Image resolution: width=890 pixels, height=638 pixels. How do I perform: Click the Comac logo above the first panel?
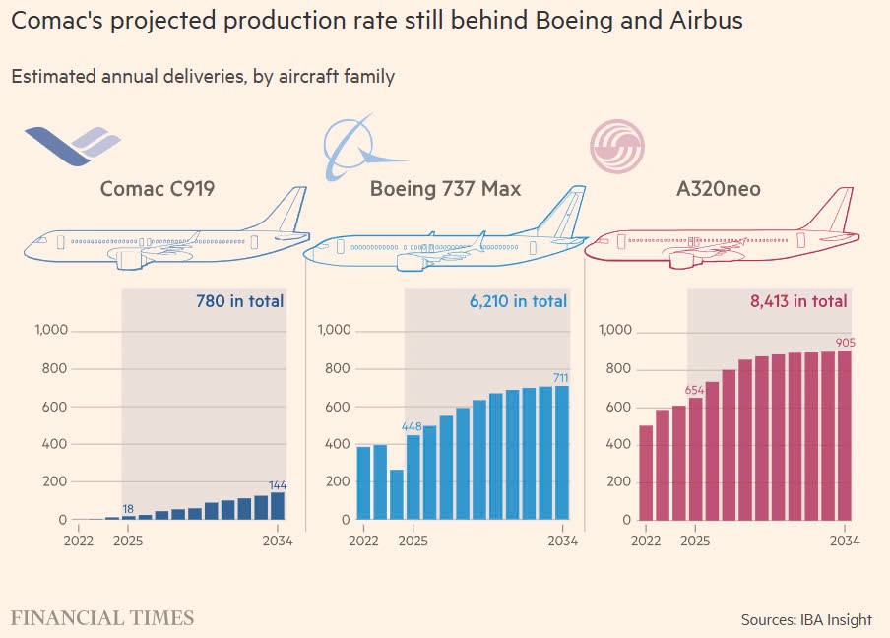[71, 147]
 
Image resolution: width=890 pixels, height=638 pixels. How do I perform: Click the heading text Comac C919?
[158, 188]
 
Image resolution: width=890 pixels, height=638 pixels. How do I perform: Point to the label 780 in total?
[233, 301]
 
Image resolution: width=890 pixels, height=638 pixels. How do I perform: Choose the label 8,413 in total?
[797, 301]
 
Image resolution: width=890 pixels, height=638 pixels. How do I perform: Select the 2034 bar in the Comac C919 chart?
[277, 506]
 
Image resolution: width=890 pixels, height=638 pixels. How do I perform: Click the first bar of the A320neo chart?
[646, 473]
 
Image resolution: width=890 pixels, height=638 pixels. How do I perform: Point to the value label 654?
[695, 385]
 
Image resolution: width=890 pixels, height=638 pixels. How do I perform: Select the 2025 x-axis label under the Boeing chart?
[413, 541]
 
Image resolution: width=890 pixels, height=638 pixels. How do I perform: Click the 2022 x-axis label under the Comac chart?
[82, 541]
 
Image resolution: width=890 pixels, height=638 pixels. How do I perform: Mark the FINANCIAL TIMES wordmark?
[102, 618]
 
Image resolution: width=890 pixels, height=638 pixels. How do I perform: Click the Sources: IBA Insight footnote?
[805, 619]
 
